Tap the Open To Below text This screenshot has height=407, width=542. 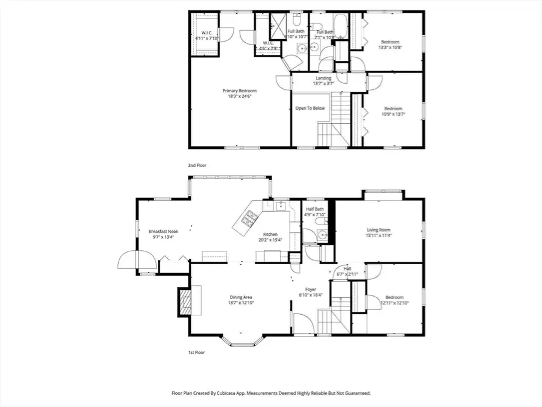pos(310,109)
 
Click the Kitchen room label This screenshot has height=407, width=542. pos(270,235)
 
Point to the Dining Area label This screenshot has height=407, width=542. pos(241,297)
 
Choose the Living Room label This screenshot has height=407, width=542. pos(379,230)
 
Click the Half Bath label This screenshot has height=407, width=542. pos(315,209)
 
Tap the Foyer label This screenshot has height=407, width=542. pos(311,289)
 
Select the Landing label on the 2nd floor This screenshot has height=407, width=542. pos(323,78)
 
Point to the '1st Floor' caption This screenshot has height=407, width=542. pos(196,352)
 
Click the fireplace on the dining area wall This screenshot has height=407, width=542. pos(183,301)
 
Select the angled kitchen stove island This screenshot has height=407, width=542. pos(247,222)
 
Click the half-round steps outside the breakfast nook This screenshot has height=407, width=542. pos(128,260)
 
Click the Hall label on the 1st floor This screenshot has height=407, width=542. pos(347,269)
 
